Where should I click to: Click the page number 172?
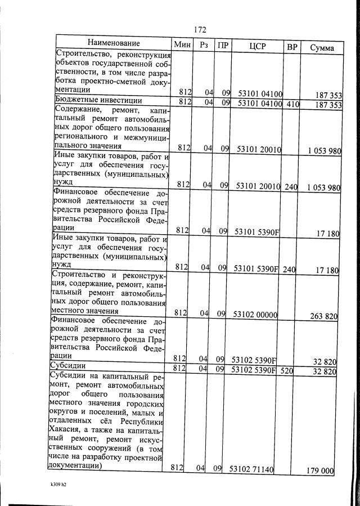point(200,30)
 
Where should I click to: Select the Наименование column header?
point(113,44)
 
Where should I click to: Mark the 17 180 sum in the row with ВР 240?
point(327,270)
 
